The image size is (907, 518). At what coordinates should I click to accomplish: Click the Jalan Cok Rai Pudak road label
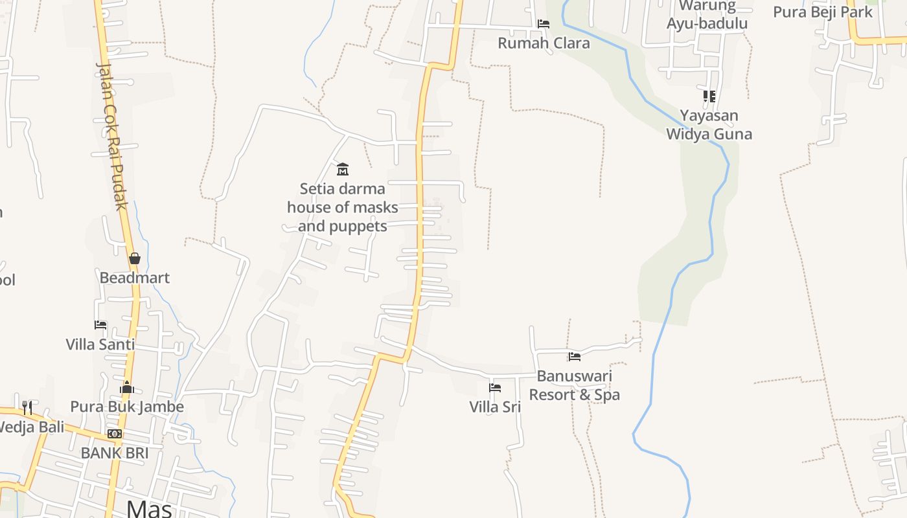point(111,136)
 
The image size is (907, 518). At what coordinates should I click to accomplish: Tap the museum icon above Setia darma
point(343,170)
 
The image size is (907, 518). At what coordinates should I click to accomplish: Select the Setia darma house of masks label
point(343,207)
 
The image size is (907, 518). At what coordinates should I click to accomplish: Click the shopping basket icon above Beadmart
point(135,258)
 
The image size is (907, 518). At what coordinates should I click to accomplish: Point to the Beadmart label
point(135,278)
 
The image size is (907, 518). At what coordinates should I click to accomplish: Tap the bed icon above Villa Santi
point(100,325)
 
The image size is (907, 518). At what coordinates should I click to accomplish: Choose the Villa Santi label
point(100,344)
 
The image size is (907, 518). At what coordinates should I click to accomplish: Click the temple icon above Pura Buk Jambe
point(127,388)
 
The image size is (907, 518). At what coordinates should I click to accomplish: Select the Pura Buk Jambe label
point(127,407)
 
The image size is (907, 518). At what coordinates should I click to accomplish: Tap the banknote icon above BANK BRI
point(115,434)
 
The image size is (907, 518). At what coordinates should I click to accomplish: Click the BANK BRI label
point(115,453)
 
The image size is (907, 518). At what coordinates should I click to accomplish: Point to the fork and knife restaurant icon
point(27,407)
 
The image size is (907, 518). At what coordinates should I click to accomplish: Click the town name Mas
point(150,508)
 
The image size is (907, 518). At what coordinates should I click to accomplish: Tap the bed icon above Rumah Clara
point(544,24)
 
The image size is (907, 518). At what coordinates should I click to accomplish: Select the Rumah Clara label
point(544,43)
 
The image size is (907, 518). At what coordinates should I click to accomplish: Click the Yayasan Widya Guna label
point(709,125)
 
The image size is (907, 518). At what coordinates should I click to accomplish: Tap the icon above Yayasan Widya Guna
point(709,96)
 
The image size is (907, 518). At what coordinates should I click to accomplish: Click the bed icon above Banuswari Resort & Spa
point(575,357)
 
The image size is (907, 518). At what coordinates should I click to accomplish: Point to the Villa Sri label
point(495,407)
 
